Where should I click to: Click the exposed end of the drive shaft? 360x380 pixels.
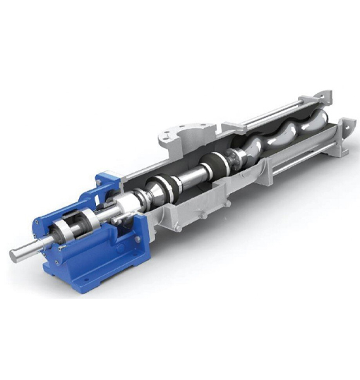(20, 252)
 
